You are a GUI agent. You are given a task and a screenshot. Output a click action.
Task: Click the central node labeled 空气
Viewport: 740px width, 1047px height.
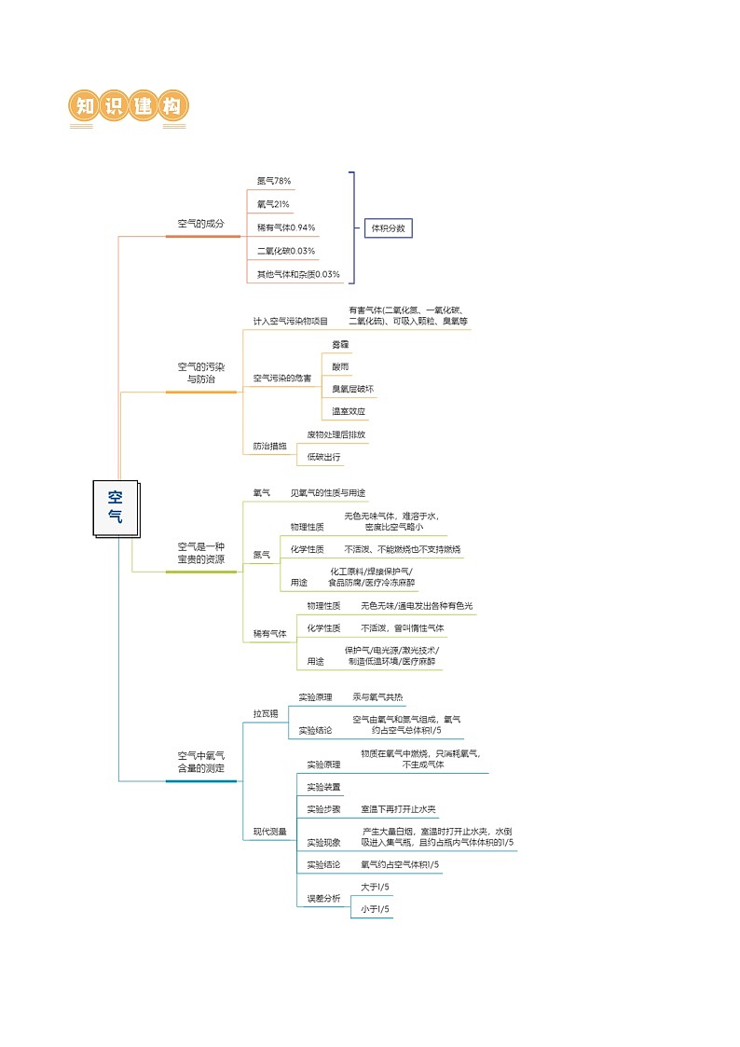[x=115, y=507]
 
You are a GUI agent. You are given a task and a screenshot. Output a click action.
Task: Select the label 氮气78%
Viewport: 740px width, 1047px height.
[x=274, y=181]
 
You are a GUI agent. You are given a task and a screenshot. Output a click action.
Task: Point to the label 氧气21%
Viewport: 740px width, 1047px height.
[x=273, y=204]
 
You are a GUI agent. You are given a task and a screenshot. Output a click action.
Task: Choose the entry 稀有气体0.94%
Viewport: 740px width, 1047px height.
[x=286, y=227]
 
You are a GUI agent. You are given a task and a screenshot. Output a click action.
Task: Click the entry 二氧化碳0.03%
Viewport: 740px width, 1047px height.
[x=286, y=251]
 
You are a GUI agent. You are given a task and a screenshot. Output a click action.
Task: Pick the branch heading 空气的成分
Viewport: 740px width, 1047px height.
[x=201, y=225]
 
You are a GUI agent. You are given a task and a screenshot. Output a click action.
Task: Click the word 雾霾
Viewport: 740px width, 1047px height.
[x=340, y=345]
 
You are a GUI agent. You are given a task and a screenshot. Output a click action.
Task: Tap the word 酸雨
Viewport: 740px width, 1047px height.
[x=340, y=367]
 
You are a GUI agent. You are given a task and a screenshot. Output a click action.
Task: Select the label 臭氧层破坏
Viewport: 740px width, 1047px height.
[x=352, y=389]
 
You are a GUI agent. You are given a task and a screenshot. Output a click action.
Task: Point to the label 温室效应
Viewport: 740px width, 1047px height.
[x=349, y=411]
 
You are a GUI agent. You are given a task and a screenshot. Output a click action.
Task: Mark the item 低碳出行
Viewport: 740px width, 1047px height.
[x=323, y=458]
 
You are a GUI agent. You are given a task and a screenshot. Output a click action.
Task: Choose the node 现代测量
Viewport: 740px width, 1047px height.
[x=269, y=832]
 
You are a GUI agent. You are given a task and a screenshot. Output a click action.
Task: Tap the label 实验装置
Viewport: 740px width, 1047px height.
[x=323, y=787]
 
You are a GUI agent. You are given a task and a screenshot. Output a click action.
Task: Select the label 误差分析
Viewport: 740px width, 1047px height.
[x=323, y=899]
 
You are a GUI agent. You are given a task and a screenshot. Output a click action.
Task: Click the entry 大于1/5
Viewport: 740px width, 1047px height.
[x=375, y=887]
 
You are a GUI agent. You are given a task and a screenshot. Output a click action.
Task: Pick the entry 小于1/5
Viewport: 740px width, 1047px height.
[x=375, y=910]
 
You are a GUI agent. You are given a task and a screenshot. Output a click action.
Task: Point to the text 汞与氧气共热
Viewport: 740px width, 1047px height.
[x=377, y=697]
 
